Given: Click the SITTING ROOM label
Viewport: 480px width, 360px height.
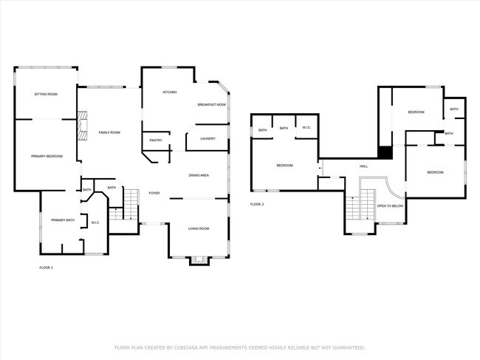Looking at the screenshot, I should pyautogui.click(x=45, y=94).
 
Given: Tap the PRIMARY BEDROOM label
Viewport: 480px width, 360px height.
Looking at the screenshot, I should pyautogui.click(x=47, y=156).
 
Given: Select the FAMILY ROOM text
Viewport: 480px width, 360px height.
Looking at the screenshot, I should pyautogui.click(x=109, y=132).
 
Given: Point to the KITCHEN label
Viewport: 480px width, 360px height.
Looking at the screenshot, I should pyautogui.click(x=170, y=92).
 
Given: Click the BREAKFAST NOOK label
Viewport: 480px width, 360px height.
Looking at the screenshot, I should pyautogui.click(x=211, y=105).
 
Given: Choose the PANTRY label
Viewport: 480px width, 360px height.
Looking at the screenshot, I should pyautogui.click(x=156, y=140).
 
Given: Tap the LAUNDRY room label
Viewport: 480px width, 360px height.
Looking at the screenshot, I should pyautogui.click(x=208, y=138).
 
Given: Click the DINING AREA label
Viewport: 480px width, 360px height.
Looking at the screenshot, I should pyautogui.click(x=199, y=175).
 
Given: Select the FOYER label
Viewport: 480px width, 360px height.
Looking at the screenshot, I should pyautogui.click(x=154, y=193).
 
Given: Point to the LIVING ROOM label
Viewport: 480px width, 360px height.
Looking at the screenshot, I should pyautogui.click(x=197, y=228).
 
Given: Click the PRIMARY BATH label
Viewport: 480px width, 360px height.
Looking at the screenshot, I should pyautogui.click(x=62, y=220).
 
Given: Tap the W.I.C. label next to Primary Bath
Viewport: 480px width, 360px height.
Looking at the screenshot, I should pyautogui.click(x=95, y=223).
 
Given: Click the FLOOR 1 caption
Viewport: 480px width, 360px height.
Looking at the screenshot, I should pyautogui.click(x=46, y=267).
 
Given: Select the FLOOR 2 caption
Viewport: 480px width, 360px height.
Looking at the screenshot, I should pyautogui.click(x=257, y=204).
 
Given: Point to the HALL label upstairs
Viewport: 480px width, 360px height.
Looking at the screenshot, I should pyautogui.click(x=363, y=166).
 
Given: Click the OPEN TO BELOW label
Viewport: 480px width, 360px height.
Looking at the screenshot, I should pyautogui.click(x=390, y=206).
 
